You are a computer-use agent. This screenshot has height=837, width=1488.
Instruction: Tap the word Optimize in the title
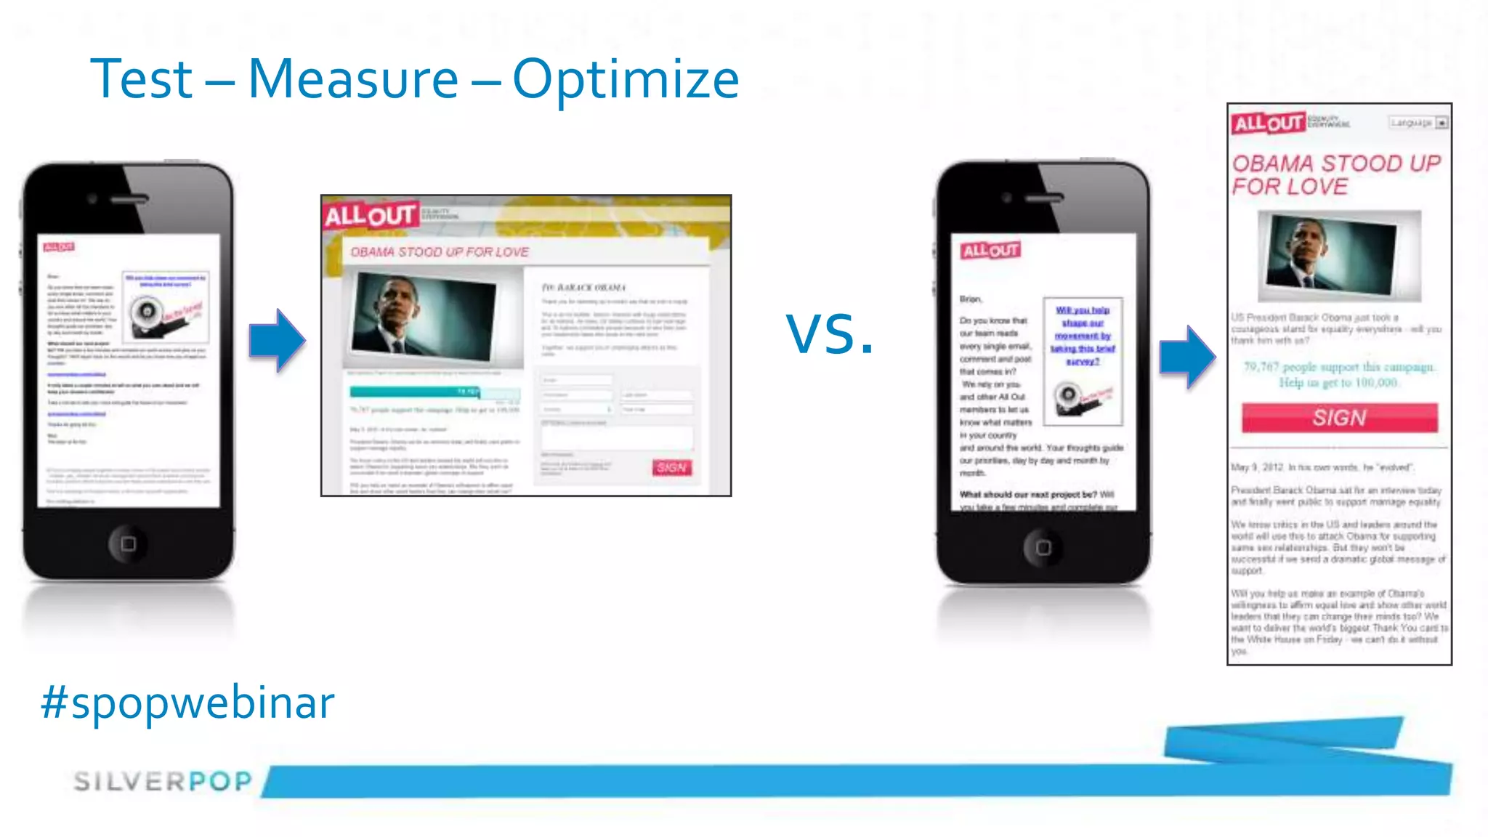(626, 80)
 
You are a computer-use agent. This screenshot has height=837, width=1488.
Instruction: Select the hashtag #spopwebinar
(187, 703)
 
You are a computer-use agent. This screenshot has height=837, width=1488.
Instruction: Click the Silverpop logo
(163, 781)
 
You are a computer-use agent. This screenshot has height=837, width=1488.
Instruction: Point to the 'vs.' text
(829, 334)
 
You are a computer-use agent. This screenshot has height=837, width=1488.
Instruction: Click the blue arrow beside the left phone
(277, 341)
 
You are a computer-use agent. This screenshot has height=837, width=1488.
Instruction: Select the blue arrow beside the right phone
(1187, 357)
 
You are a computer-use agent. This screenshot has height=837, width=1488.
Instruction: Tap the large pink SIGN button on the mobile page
(1339, 418)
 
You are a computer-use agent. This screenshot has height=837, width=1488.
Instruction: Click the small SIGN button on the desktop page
(671, 467)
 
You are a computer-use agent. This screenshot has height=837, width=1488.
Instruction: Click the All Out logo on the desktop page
(370, 215)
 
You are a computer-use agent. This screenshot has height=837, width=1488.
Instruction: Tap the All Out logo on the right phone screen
(991, 251)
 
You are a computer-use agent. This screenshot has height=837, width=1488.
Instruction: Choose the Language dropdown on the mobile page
(1418, 123)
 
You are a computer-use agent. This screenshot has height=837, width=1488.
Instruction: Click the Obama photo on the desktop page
(424, 316)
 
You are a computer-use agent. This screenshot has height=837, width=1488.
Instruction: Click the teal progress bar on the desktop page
(415, 392)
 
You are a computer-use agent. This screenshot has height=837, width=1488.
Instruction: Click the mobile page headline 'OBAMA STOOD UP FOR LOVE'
(1335, 174)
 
